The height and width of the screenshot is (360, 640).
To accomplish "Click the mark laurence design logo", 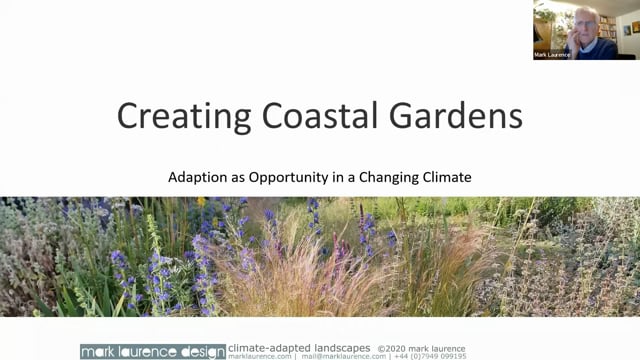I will tap(152, 351).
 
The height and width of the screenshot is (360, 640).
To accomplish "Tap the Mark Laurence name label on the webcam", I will tap(551, 55).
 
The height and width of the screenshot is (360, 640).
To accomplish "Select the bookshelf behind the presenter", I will tap(607, 25).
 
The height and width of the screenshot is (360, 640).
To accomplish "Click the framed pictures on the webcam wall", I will tap(629, 25).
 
